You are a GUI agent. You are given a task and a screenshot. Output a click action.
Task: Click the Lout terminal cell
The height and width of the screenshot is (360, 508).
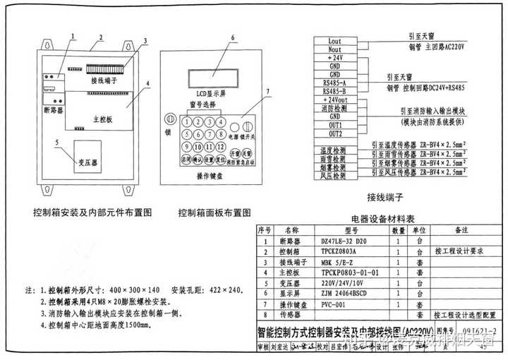coord(334,42)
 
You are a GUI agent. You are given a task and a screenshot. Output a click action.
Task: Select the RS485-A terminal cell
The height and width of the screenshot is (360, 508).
coord(334,83)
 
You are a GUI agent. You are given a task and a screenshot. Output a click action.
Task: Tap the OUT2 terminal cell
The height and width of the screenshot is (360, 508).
coord(334,133)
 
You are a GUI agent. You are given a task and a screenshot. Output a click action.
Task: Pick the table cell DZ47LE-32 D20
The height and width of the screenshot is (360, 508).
coord(340,241)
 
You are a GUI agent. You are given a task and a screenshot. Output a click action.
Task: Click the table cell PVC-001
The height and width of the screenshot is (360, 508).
coord(333,304)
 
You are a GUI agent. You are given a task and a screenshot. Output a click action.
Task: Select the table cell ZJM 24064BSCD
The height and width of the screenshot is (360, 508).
coord(346,293)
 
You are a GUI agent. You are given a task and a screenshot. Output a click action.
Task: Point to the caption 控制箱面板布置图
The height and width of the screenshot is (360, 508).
coord(214,212)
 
